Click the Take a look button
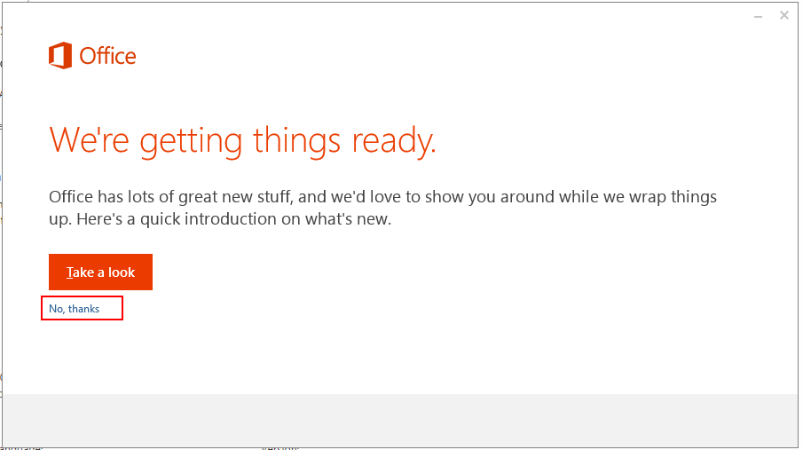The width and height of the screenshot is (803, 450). pyautogui.click(x=100, y=272)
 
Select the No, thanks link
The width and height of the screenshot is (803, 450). pyautogui.click(x=75, y=309)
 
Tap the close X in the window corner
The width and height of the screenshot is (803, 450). pyautogui.click(x=784, y=15)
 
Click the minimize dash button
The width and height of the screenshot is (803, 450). pyautogui.click(x=759, y=17)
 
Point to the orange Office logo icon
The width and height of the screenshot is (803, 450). pyautogui.click(x=60, y=55)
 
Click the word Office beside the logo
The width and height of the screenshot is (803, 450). pyautogui.click(x=107, y=56)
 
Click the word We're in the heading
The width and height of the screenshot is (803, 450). pyautogui.click(x=89, y=140)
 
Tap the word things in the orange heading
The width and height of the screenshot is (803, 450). pyautogui.click(x=297, y=141)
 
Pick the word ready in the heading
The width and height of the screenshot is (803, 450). pyautogui.click(x=392, y=142)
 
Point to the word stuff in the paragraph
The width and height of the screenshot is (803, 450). pyautogui.click(x=276, y=197)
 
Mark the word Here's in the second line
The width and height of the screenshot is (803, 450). pyautogui.click(x=99, y=219)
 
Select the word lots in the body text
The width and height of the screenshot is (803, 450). pyautogui.click(x=139, y=196)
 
